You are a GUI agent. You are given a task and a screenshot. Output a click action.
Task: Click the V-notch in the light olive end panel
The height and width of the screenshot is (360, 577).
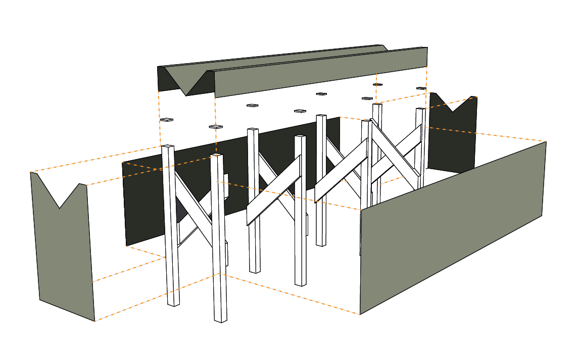point(60,207)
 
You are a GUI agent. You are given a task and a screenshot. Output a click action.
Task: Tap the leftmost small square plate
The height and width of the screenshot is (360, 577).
point(167,120)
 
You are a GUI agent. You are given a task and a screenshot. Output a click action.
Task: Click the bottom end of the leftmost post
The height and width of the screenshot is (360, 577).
point(173,304)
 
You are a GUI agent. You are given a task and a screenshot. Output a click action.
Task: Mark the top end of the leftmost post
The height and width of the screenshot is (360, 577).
point(168,146)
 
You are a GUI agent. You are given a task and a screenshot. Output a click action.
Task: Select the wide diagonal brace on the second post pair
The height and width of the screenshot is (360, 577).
point(273,191)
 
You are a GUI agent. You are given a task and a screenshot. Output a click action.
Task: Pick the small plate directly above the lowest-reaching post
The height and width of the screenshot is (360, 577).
point(216,126)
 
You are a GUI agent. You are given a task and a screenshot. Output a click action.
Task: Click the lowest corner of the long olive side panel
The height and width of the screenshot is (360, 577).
point(360,314)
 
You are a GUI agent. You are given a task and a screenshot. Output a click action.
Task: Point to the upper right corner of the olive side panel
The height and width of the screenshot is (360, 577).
point(546,142)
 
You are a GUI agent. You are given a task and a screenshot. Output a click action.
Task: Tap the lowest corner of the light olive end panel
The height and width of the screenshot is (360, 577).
point(94,321)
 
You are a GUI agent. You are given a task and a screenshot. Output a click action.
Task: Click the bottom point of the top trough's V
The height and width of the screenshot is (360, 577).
point(186,95)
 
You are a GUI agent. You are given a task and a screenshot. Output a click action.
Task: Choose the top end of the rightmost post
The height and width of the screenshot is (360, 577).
point(419,109)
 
